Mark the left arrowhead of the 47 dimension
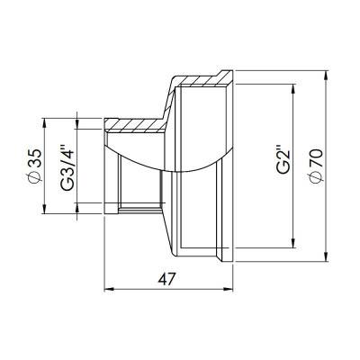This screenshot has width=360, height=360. (110, 291)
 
